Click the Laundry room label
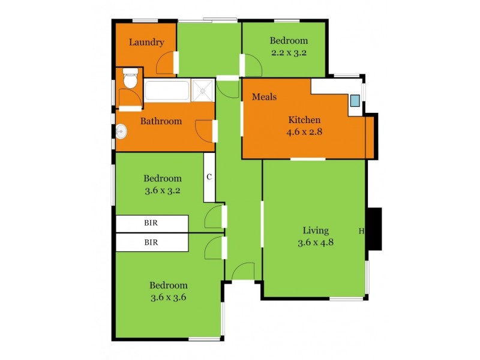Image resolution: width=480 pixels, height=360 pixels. coord(146,43)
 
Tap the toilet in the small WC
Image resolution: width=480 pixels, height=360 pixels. coord(130,79)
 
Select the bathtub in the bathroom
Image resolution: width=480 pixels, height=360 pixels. coord(167,91)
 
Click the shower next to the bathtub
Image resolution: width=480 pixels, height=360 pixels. coord(203,90)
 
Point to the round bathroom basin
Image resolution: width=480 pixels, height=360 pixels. coord(121,130)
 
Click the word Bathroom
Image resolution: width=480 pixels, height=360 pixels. coord(161,121)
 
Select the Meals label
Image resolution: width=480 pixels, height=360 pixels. coord(264,97)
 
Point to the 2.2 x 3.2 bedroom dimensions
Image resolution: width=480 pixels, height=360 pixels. coord(289,52)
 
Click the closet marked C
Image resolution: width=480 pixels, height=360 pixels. coord(209,177)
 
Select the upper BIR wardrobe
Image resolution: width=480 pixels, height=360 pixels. coord(151,223)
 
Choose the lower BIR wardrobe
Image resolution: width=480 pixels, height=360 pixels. coord(151,242)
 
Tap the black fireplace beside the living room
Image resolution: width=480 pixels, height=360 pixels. coord(374,229)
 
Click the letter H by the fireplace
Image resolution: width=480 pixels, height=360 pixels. coord(361,231)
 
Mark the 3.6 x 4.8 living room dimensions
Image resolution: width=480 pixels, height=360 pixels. coord(316,242)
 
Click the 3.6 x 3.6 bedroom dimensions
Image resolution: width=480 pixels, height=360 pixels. coord(169,297)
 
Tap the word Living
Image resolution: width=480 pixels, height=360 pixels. coord(316,230)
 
